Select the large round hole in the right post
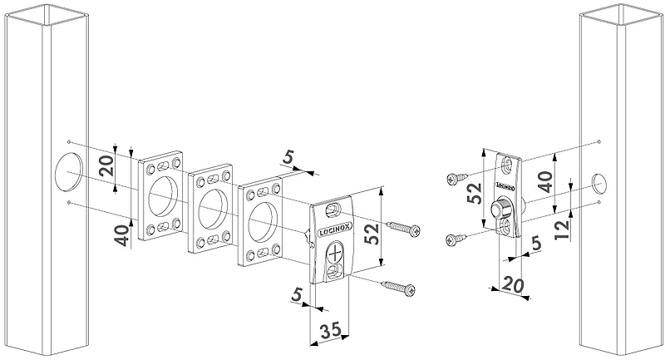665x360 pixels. (x=599, y=185)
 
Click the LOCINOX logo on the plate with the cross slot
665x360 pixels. (x=334, y=232)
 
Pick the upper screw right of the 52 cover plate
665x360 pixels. (x=401, y=227)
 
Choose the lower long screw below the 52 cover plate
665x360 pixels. (x=398, y=287)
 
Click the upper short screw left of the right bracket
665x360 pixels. (x=457, y=178)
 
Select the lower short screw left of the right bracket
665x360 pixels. (x=456, y=239)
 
